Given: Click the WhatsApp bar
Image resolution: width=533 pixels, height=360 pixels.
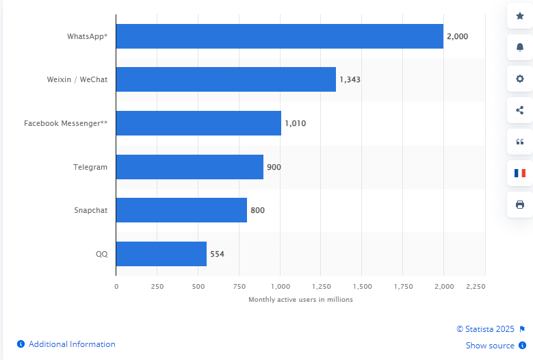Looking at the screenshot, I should (x=279, y=36).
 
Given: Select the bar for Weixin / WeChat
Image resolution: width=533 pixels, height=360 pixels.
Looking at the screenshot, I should (x=226, y=79).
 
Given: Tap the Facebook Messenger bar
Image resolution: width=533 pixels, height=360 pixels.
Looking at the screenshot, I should (x=198, y=123).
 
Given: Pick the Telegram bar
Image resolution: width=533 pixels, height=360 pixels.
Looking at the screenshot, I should (x=190, y=167).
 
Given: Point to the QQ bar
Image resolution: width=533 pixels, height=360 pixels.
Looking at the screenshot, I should (x=161, y=254).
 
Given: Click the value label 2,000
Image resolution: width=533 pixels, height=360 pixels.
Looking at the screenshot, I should (x=457, y=36).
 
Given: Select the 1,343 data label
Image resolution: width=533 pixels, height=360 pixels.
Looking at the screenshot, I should (x=350, y=79).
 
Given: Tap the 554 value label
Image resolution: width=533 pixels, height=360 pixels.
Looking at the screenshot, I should (x=217, y=254).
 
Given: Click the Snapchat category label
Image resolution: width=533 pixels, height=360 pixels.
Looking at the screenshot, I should (x=90, y=210).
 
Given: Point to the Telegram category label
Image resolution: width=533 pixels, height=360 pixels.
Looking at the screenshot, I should (x=90, y=167).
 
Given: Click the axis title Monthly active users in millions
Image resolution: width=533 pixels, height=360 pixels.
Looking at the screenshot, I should (x=300, y=300).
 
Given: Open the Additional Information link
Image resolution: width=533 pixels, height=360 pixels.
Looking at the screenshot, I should (x=72, y=344).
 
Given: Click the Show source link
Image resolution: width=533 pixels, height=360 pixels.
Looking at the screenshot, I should (x=490, y=346).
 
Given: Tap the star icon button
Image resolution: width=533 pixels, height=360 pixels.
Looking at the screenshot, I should (x=519, y=16).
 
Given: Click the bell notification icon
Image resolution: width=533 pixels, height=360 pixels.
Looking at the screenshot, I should (x=519, y=47).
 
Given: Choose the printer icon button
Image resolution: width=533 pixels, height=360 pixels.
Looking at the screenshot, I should (x=519, y=205).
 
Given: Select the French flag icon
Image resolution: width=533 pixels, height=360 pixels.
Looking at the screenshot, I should (x=519, y=173).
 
